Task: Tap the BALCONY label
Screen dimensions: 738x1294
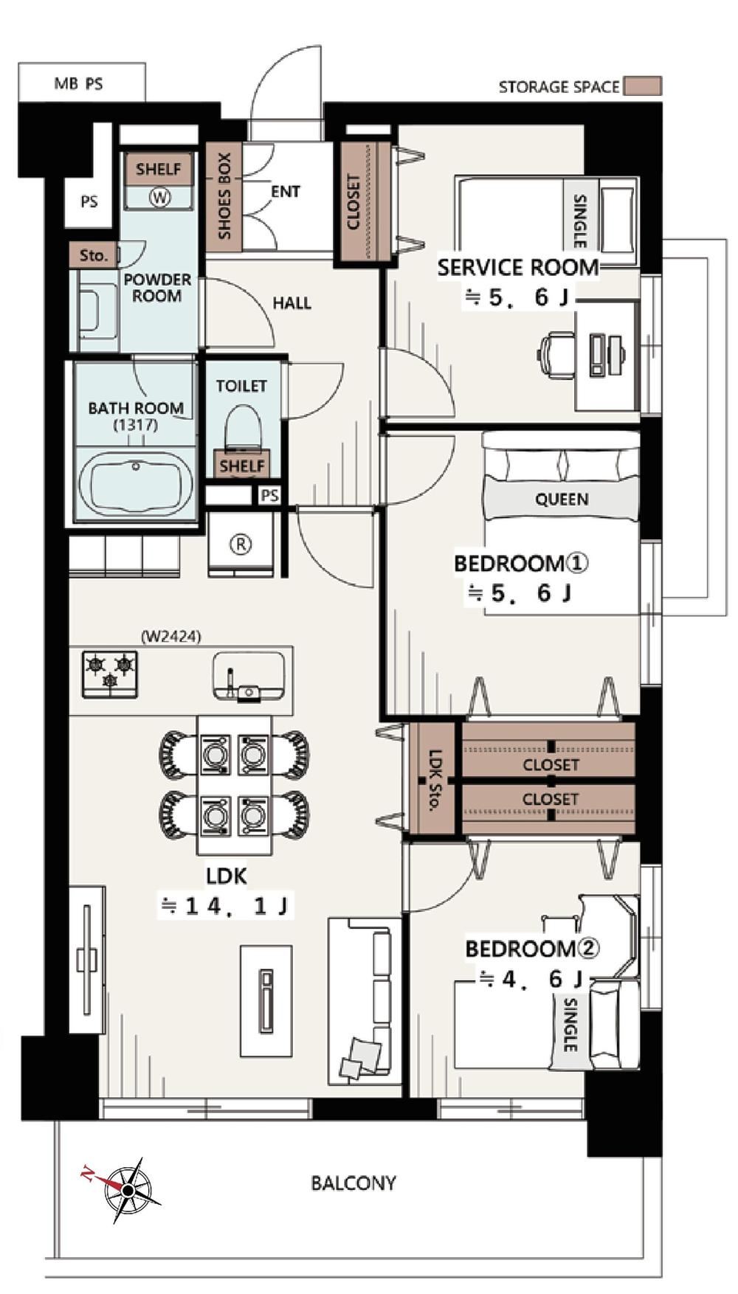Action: coord(354,1183)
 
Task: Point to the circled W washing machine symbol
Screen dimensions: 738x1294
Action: coord(159,197)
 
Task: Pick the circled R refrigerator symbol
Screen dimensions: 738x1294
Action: coord(241,544)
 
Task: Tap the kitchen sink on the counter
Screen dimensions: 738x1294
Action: coord(249,675)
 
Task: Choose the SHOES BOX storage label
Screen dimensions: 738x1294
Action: coord(224,196)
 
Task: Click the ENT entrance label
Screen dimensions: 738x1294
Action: coord(286,192)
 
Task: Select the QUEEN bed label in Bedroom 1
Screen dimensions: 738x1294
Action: coord(562,499)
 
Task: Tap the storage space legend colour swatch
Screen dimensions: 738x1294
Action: coord(642,86)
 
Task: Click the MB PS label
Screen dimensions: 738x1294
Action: coord(79,83)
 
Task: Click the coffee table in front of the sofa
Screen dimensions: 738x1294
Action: coord(266,1001)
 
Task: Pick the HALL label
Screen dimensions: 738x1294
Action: coord(292,302)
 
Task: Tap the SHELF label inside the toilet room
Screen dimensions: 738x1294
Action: coord(242,466)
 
